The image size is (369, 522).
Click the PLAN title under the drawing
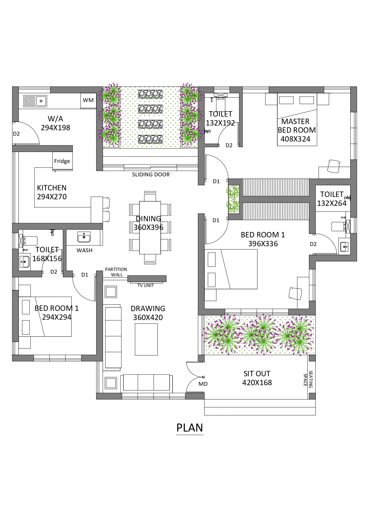tap(190, 428)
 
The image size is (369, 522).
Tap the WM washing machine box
tap(88, 101)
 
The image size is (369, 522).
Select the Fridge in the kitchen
tap(62, 161)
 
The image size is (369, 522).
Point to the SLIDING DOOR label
tap(151, 175)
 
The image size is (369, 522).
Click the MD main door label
tap(203, 384)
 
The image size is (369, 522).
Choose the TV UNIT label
tap(146, 286)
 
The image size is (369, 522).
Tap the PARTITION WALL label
tap(116, 272)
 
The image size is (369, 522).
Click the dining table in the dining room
tap(150, 228)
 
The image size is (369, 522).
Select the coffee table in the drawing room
tap(146, 339)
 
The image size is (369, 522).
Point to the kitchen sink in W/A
tap(35, 101)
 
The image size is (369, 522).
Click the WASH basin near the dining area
tap(84, 237)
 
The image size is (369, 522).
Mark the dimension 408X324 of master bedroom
tap(295, 139)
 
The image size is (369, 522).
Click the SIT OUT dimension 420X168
tap(257, 383)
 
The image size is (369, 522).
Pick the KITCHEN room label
tap(52, 188)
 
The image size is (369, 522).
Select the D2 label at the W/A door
tap(16, 134)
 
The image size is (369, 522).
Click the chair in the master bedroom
tap(334, 166)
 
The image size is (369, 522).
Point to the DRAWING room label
tap(148, 309)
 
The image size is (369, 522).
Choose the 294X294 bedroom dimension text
tap(57, 317)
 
